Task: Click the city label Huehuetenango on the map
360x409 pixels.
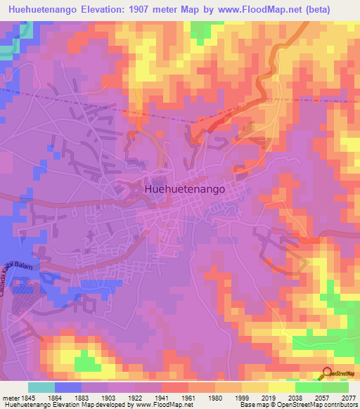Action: click(x=185, y=189)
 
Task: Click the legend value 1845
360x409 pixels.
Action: click(x=28, y=397)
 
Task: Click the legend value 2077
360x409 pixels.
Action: click(x=347, y=397)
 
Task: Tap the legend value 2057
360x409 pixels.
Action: click(x=322, y=397)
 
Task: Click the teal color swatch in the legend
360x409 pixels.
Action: click(x=41, y=387)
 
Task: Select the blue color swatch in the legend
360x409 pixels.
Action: click(x=67, y=387)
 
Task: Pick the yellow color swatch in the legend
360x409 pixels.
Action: click(x=281, y=387)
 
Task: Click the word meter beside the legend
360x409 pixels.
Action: click(x=10, y=397)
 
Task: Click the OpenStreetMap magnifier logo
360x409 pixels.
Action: click(x=327, y=372)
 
